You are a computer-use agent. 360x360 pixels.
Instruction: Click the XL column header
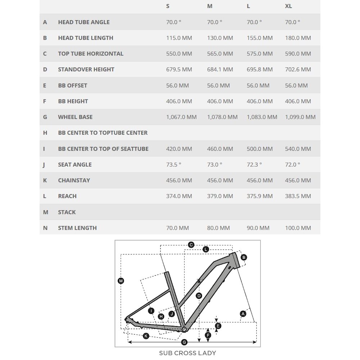pyautogui.click(x=288, y=6)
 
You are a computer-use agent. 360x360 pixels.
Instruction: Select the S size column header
pyautogui.click(x=168, y=6)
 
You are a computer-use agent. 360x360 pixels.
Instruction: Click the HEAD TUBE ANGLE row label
pyautogui.click(x=84, y=22)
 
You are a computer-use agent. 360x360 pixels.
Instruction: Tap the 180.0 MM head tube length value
pyautogui.click(x=298, y=38)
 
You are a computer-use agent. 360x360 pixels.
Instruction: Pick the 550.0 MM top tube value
pyautogui.click(x=179, y=54)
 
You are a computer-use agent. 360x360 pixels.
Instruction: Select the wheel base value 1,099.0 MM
pyautogui.click(x=300, y=117)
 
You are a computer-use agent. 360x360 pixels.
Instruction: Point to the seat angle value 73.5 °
pyautogui.click(x=174, y=165)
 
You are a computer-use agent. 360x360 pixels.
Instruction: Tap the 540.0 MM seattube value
pyautogui.click(x=298, y=149)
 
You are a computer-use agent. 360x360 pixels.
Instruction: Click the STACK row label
pyautogui.click(x=67, y=212)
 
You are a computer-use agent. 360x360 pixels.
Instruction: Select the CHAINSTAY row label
pyautogui.click(x=74, y=180)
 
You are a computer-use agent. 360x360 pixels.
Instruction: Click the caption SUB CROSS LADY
pyautogui.click(x=188, y=353)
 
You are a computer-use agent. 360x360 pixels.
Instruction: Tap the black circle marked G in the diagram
pyautogui.click(x=184, y=342)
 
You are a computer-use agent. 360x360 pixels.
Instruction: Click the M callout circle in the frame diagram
pyautogui.click(x=121, y=281)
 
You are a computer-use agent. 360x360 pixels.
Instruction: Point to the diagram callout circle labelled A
pyautogui.click(x=243, y=314)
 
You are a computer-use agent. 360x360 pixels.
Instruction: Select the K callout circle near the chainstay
pyautogui.click(x=146, y=336)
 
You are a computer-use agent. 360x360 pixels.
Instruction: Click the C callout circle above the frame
pyautogui.click(x=191, y=245)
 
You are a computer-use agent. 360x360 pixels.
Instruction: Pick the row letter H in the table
pyautogui.click(x=45, y=133)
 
